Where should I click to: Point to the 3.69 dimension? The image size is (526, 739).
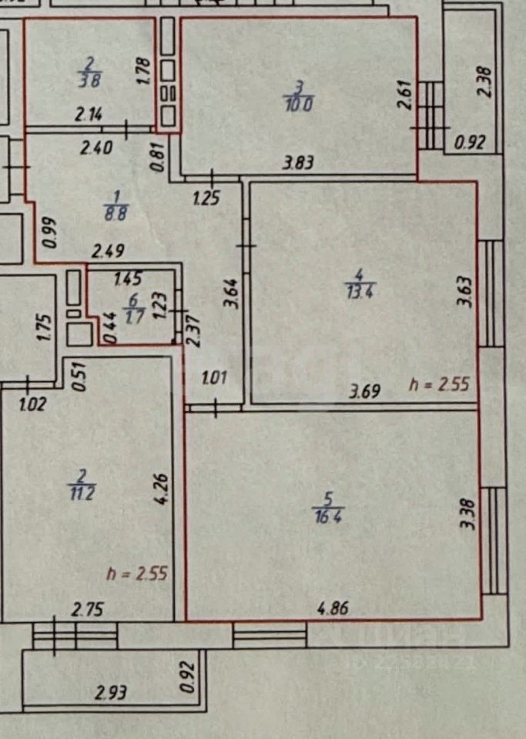coord(365,392)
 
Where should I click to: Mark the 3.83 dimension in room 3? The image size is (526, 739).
coord(300,162)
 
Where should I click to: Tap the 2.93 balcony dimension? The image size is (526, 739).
coord(112,693)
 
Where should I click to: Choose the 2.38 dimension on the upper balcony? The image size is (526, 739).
coord(484,79)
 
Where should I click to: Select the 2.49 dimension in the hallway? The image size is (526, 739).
coord(108,250)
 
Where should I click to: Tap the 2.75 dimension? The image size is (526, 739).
coord(88,610)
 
